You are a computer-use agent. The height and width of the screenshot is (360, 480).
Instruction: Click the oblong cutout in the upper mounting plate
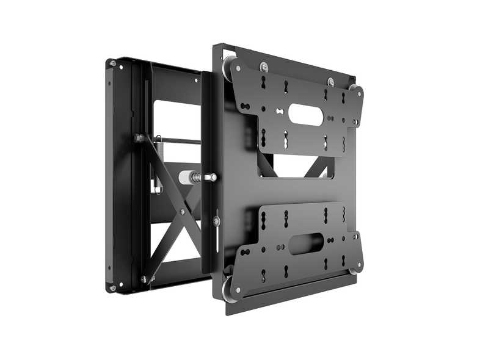point(305,114)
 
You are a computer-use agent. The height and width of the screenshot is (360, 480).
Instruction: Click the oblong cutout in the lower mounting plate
point(305,243)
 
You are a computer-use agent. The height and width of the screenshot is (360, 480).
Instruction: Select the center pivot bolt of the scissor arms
point(182,212)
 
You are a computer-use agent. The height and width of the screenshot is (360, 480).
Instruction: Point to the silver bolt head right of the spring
point(212,178)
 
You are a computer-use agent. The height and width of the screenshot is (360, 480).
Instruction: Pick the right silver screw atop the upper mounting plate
point(330,82)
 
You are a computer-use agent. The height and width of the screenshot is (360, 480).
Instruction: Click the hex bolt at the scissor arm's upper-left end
point(140,138)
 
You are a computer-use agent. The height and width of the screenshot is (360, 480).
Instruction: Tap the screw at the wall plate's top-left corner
point(112,63)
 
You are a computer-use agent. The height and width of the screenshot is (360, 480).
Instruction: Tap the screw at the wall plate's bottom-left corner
point(112,286)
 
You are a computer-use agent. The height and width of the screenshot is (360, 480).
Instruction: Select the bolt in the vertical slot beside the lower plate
point(216,220)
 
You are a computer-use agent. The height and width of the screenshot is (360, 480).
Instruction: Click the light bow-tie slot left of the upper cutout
point(279,111)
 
